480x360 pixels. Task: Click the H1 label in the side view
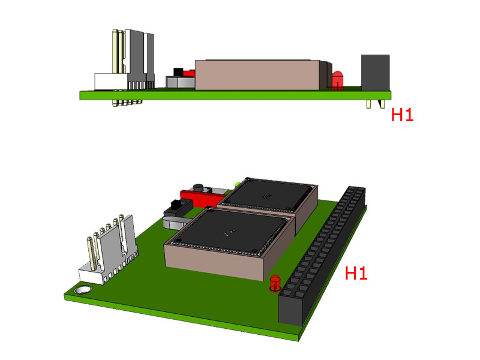(x=402, y=115)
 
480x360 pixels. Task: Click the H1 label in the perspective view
(x=356, y=274)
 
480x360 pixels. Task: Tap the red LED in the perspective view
(x=275, y=283)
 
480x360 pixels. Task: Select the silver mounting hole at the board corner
(x=82, y=291)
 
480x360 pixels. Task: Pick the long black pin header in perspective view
(x=321, y=258)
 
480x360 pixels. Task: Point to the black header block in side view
(x=375, y=73)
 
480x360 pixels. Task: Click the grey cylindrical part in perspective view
(x=174, y=222)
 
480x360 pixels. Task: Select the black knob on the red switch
(x=197, y=188)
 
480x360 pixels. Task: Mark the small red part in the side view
(x=188, y=73)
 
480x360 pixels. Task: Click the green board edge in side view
(x=234, y=95)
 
